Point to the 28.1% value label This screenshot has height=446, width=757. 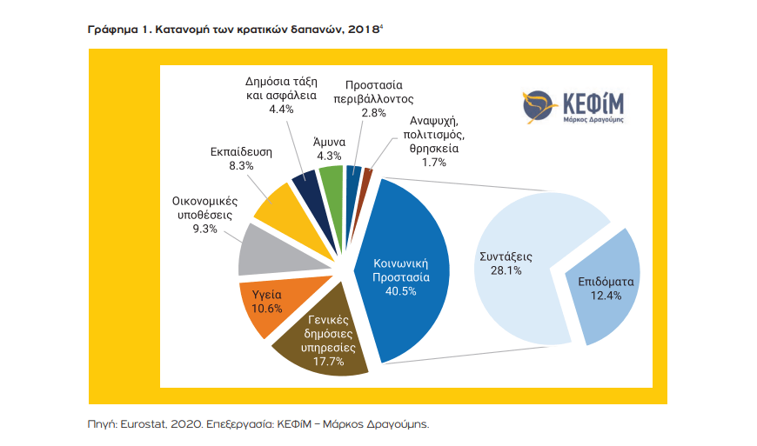point(506,271)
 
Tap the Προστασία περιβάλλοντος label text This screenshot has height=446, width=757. point(373,91)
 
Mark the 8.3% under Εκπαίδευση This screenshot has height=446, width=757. point(231,165)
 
